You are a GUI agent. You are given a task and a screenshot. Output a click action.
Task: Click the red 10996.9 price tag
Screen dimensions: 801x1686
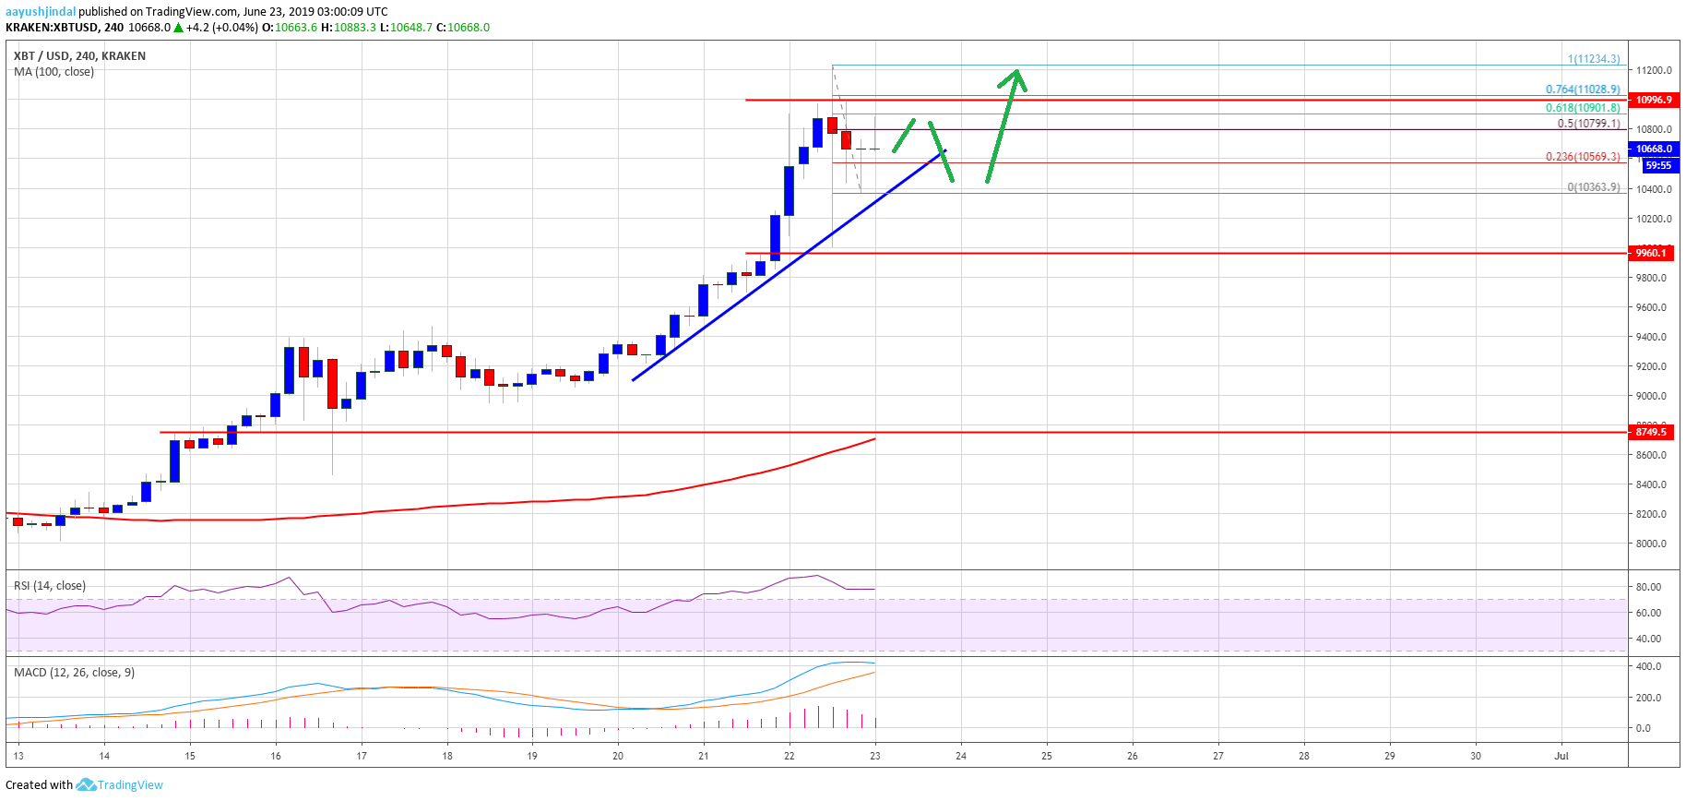[1653, 100]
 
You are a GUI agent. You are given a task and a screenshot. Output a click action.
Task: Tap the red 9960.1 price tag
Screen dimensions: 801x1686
[1650, 253]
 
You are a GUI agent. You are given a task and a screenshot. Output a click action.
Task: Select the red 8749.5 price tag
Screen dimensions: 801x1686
[1650, 432]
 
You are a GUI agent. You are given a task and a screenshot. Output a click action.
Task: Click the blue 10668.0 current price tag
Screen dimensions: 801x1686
[1654, 149]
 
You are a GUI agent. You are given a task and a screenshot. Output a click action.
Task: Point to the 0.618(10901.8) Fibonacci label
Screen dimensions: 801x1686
[1583, 108]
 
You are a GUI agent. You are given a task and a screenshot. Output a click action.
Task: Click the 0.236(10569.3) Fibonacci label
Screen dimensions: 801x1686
[1583, 157]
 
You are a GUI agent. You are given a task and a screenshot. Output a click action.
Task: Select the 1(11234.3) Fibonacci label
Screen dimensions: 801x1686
[1593, 59]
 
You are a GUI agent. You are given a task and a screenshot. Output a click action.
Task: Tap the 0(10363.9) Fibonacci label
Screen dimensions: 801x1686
[1593, 187]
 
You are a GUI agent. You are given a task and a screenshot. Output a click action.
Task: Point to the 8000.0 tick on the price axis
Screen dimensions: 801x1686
[1651, 544]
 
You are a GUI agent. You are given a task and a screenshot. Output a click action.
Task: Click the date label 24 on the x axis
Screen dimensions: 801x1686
[961, 756]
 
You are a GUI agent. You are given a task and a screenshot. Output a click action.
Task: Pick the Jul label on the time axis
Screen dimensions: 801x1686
[1561, 756]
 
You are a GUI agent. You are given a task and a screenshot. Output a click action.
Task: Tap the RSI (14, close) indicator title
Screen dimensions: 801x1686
[50, 586]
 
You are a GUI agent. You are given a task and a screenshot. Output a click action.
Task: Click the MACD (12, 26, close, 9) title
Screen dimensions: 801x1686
[74, 673]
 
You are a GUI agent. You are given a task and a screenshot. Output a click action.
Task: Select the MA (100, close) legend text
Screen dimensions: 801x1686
[53, 72]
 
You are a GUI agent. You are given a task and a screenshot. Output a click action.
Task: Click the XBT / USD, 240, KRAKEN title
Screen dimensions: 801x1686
[79, 56]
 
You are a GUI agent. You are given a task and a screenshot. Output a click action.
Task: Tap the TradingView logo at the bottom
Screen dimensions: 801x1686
[120, 785]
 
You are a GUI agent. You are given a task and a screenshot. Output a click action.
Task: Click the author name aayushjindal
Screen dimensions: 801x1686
[41, 12]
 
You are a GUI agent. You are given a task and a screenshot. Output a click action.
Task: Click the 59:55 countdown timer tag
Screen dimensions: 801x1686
[1657, 166]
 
